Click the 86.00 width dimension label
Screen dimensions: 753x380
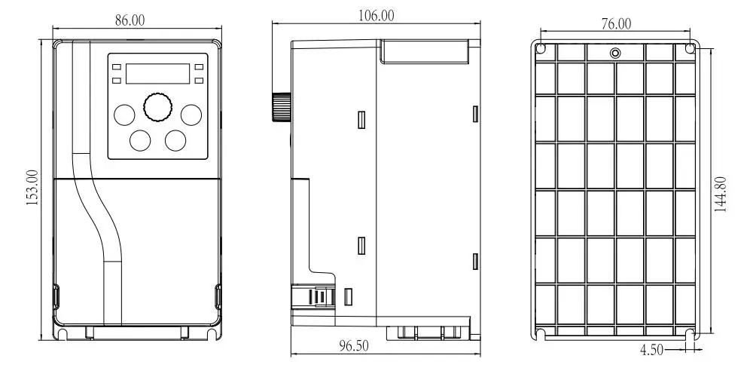point(130,20)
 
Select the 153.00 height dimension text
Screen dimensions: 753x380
point(32,188)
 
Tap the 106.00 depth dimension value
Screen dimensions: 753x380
point(376,16)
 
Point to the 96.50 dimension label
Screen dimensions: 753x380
point(354,346)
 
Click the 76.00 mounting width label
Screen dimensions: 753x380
point(616,23)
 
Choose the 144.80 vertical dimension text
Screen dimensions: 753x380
point(721,194)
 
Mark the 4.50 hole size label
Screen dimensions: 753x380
point(651,350)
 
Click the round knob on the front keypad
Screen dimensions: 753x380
point(157,107)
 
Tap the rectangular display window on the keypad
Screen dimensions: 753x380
point(157,74)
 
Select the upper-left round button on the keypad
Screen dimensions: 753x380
point(124,115)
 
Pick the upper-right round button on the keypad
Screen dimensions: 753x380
point(191,115)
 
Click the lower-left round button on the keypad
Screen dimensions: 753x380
point(140,140)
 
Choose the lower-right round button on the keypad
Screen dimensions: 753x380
point(175,140)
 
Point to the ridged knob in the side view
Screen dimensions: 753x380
point(282,107)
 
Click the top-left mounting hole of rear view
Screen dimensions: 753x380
point(541,48)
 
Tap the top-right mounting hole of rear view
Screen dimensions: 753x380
point(690,48)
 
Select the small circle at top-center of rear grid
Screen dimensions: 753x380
point(615,53)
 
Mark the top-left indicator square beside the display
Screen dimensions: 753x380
point(116,67)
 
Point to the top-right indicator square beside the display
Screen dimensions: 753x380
point(199,67)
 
